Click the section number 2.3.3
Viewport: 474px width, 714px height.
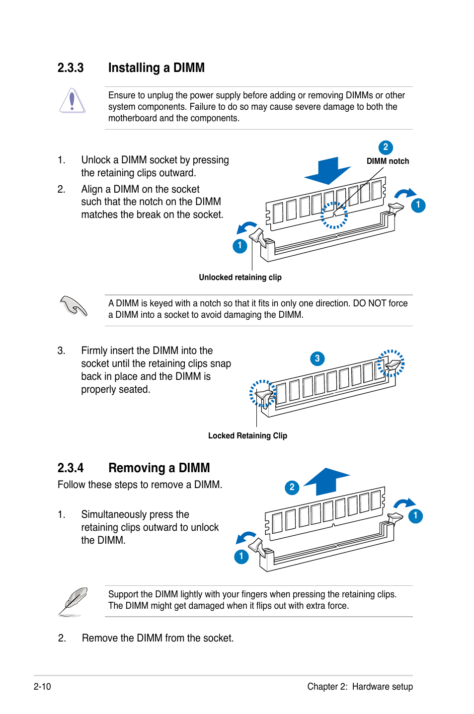tap(71, 68)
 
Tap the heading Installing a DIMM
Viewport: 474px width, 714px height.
tap(156, 68)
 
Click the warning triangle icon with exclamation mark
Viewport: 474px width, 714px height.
tap(73, 101)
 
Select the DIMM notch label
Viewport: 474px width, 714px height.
tap(388, 161)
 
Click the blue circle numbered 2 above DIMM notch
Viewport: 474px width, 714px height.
tap(386, 147)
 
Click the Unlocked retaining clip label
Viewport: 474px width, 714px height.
tap(240, 277)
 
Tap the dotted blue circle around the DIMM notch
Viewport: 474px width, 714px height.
tap(334, 215)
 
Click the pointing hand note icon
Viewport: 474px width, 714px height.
tap(74, 306)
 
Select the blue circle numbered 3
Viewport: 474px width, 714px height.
tap(317, 358)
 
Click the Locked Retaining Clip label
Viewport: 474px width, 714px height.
tap(247, 435)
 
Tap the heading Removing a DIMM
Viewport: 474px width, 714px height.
tap(159, 468)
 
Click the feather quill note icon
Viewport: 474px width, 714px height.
tap(73, 601)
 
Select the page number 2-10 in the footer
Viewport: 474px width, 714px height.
tap(42, 686)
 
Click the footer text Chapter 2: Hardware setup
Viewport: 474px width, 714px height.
tap(360, 686)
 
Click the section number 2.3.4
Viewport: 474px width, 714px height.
tap(71, 468)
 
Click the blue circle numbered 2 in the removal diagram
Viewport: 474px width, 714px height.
tap(292, 487)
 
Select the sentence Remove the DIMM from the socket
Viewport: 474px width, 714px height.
tap(158, 638)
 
